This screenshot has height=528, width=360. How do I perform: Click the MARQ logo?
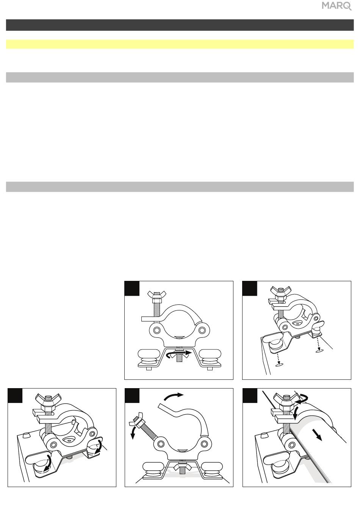(x=337, y=6)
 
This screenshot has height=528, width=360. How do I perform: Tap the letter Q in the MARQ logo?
(x=347, y=6)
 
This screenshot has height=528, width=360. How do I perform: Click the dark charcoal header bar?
(x=180, y=25)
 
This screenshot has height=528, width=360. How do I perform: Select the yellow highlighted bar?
(x=180, y=44)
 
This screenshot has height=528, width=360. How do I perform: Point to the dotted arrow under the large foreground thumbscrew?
(x=279, y=359)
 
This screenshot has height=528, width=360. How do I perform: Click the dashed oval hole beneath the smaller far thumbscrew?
(x=319, y=352)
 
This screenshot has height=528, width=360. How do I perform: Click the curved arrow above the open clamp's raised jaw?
(x=174, y=397)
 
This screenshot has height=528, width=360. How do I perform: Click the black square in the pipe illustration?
(x=250, y=396)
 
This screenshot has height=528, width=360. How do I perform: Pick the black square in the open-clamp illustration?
(x=132, y=396)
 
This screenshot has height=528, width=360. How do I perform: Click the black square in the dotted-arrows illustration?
(x=250, y=288)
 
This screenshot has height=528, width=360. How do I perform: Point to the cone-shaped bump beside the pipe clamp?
(x=265, y=434)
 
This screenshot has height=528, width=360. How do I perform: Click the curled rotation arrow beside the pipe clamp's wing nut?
(x=302, y=400)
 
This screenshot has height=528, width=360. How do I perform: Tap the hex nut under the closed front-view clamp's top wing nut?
(x=157, y=301)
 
